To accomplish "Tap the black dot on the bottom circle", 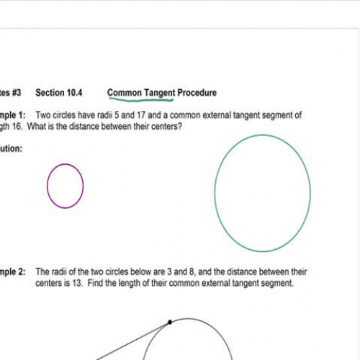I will click(170, 322).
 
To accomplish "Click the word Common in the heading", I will click(124, 93).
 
